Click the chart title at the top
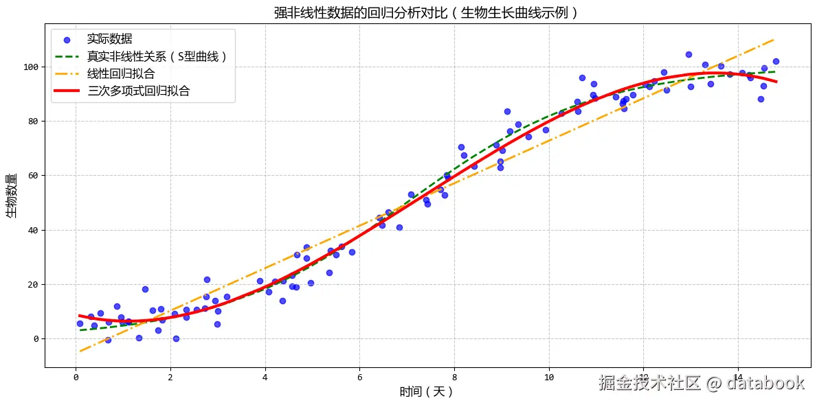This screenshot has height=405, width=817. pyautogui.click(x=426, y=12)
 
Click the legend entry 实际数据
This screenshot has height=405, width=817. pyautogui.click(x=109, y=39)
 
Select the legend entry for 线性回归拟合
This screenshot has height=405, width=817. pyautogui.click(x=120, y=73)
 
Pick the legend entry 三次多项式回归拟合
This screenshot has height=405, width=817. pyautogui.click(x=138, y=91)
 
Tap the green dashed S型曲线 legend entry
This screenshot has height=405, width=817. pyautogui.click(x=157, y=56)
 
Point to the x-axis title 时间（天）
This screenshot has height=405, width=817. pyautogui.click(x=426, y=392)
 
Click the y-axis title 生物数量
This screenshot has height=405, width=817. pyautogui.click(x=12, y=196)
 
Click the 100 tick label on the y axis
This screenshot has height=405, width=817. pyautogui.click(x=30, y=67)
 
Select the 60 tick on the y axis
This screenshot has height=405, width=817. pyautogui.click(x=32, y=176)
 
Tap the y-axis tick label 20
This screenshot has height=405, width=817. pyautogui.click(x=32, y=284)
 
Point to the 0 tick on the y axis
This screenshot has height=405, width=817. pyautogui.click(x=34, y=338)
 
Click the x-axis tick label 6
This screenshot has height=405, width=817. pyautogui.click(x=359, y=377)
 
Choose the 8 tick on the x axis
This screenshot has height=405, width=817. pyautogui.click(x=454, y=377)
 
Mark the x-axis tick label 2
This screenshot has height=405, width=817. pyautogui.click(x=170, y=377)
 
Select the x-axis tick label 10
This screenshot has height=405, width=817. pyautogui.click(x=548, y=377)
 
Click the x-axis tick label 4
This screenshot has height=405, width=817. pyautogui.click(x=265, y=377)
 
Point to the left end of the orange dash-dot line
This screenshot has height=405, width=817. pyautogui.click(x=80, y=351)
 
